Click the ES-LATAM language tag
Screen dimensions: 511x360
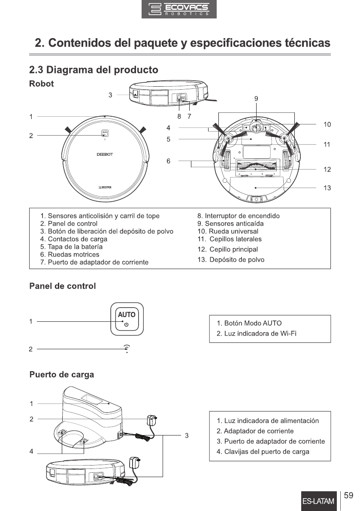pyautogui.click(x=318, y=502)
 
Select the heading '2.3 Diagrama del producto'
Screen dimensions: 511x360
pyautogui.click(x=93, y=70)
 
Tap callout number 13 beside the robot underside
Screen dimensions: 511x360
pyautogui.click(x=327, y=188)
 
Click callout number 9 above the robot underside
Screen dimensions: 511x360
pyautogui.click(x=256, y=99)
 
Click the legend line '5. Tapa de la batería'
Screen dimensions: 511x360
pyautogui.click(x=71, y=247)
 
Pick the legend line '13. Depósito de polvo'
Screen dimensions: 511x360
pyautogui.click(x=231, y=260)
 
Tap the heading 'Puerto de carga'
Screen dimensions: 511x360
pyautogui.click(x=61, y=375)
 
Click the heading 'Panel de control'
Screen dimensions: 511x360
pyautogui.click(x=62, y=286)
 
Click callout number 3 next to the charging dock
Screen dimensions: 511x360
pyautogui.click(x=187, y=435)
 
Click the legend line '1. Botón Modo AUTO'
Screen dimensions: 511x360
pyautogui.click(x=249, y=323)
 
